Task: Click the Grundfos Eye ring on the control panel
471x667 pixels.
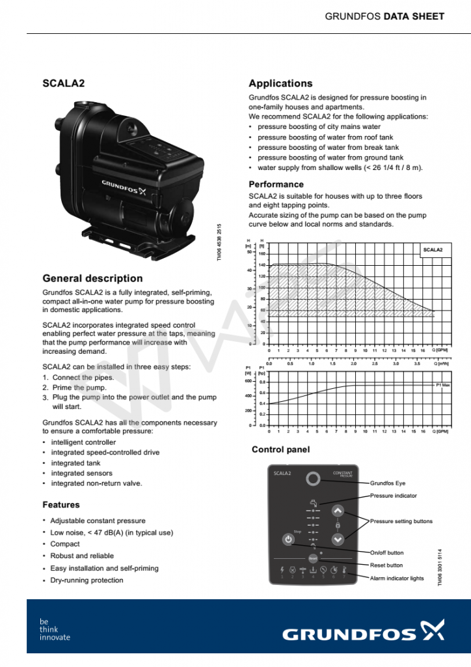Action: pos(314,479)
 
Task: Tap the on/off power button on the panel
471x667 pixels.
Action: pos(288,539)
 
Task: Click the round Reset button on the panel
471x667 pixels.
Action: pos(312,558)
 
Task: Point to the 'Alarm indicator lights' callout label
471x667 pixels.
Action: pos(397,578)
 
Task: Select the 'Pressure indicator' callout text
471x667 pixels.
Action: pos(394,496)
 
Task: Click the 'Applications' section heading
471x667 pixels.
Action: pos(280,83)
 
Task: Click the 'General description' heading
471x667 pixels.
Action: pos(92,278)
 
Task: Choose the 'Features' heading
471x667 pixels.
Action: pos(61,505)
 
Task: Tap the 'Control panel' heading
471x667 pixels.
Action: pos(280,449)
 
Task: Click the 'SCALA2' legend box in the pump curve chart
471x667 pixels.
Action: pos(433,249)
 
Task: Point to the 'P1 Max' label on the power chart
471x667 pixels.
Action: pos(443,386)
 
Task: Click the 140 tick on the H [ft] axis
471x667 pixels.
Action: pos(262,265)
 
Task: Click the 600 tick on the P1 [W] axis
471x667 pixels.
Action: pos(248,381)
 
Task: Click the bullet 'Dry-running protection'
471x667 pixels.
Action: pos(87,580)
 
